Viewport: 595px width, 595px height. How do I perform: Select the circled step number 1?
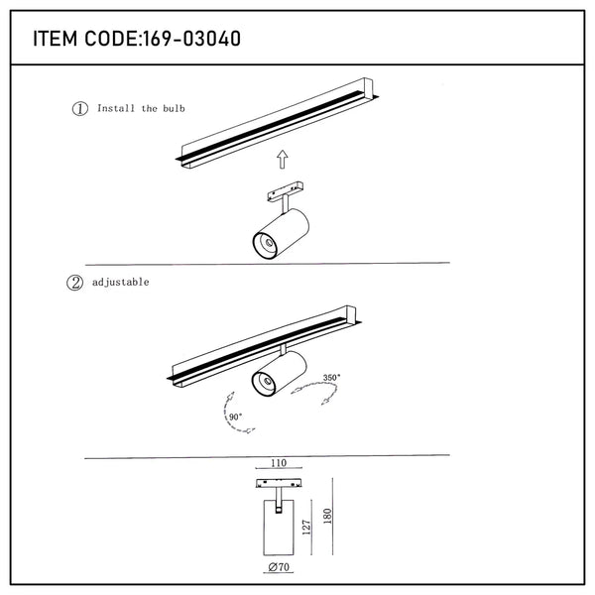[79, 108]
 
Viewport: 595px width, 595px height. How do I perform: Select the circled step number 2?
[73, 283]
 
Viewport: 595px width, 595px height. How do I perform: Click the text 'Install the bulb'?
[141, 108]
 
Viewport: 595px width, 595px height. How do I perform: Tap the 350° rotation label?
[331, 378]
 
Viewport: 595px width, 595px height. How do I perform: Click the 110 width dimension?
[280, 463]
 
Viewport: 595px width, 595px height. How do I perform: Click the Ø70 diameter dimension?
[280, 570]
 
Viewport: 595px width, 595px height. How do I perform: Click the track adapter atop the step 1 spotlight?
[285, 192]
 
